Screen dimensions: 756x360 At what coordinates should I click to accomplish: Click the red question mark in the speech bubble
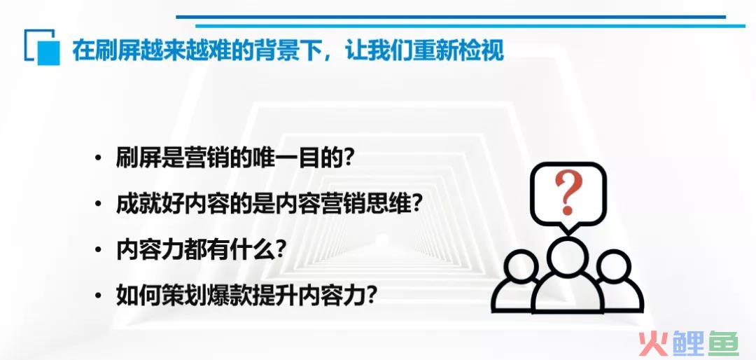[568, 192]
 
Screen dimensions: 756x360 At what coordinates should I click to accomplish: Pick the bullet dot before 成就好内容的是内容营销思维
[99, 204]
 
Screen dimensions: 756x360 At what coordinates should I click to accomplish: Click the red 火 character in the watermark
[652, 343]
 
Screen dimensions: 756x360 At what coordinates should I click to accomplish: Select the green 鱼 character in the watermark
[722, 343]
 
